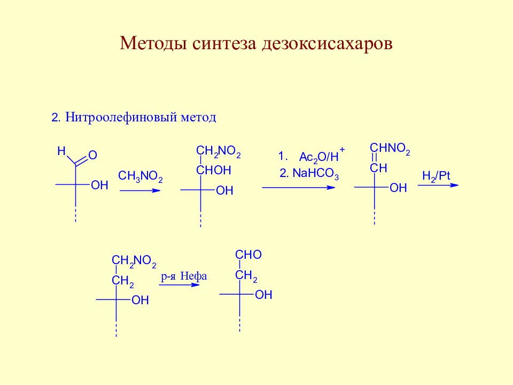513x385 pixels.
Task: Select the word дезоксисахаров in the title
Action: [327, 44]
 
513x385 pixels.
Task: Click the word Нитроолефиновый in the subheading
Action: [121, 117]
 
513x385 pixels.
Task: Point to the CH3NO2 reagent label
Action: [141, 176]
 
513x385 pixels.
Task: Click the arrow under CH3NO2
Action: [140, 190]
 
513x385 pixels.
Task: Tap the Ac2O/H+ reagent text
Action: [322, 155]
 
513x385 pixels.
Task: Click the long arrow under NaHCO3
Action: [298, 188]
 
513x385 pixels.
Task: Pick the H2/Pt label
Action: [436, 176]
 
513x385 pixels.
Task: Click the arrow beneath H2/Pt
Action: [438, 186]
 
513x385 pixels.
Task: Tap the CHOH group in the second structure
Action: [214, 170]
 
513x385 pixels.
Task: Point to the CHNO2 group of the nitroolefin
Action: [390, 149]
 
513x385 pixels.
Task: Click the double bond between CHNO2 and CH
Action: [375, 158]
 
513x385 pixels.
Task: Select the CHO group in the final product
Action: [248, 255]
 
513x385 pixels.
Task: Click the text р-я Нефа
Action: [184, 276]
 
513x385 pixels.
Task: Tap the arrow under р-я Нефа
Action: [179, 285]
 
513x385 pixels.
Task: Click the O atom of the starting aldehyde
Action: [92, 155]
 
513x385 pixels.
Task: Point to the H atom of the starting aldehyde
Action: [61, 151]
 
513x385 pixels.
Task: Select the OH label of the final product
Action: [263, 295]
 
